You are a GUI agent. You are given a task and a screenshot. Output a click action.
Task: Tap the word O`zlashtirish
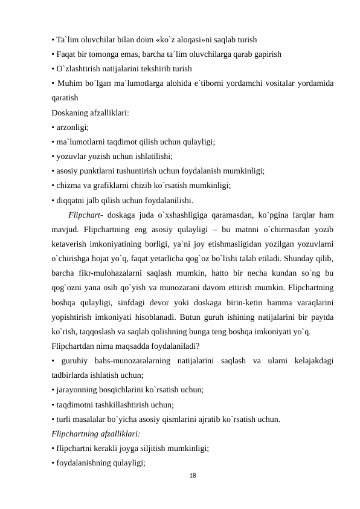(x=80, y=69)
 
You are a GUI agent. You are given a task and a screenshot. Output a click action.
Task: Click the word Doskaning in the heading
(x=71, y=112)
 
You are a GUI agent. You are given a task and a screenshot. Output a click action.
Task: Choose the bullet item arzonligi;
(x=72, y=127)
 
